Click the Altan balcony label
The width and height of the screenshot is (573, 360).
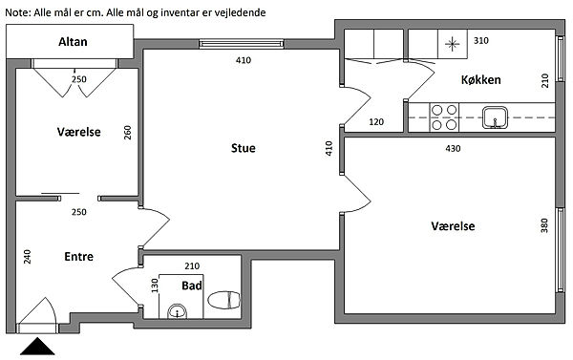(x=73, y=42)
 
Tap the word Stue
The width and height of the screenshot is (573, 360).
(x=243, y=148)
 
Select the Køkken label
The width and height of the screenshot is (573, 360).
(x=481, y=79)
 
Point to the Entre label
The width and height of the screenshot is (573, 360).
(x=78, y=257)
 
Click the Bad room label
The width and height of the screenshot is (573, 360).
(x=192, y=286)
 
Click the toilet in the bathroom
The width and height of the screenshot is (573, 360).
(x=224, y=300)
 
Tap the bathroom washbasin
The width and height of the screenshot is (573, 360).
(x=178, y=311)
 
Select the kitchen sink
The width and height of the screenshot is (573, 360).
(x=495, y=117)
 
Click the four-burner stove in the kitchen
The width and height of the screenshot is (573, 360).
(x=444, y=117)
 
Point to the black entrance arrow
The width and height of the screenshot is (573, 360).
(x=37, y=347)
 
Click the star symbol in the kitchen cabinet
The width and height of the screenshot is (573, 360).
(x=453, y=44)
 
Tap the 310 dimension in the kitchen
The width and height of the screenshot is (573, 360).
(x=481, y=40)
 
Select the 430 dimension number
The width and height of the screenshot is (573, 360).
(x=453, y=148)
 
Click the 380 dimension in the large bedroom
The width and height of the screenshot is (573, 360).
(x=544, y=225)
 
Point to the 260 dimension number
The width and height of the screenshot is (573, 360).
(x=127, y=133)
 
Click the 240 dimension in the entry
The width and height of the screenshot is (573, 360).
(x=27, y=257)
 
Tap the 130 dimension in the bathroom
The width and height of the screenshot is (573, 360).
(x=155, y=286)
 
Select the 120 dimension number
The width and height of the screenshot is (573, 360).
(x=376, y=121)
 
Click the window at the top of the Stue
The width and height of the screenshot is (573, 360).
(x=242, y=44)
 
